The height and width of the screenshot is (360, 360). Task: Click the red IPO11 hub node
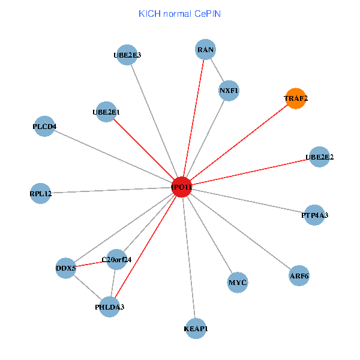[181, 187]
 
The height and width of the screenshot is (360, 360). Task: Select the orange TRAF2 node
[296, 98]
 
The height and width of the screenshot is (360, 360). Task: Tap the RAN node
[206, 50]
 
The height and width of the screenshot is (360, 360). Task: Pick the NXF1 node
[229, 91]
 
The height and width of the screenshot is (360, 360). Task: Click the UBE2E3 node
[127, 55]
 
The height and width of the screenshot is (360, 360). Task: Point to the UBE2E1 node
[106, 112]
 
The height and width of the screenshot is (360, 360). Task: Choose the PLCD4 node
[44, 127]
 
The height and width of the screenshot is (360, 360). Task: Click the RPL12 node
[41, 193]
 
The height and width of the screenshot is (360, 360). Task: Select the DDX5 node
[66, 268]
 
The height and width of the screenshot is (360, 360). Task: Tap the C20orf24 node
[116, 260]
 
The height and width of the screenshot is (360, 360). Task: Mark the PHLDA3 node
[110, 307]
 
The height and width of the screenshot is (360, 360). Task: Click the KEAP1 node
[196, 329]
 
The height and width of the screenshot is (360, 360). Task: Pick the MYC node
[238, 282]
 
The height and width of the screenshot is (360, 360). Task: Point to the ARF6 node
[299, 276]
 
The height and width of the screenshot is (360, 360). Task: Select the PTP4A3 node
[314, 214]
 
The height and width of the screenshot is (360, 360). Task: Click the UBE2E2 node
[319, 157]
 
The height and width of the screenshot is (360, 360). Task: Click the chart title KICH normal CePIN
[179, 13]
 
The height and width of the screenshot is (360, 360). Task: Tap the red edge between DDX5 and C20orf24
[91, 264]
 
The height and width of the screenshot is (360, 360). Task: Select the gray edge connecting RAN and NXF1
[217, 70]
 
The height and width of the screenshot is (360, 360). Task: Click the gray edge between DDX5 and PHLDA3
[88, 287]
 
